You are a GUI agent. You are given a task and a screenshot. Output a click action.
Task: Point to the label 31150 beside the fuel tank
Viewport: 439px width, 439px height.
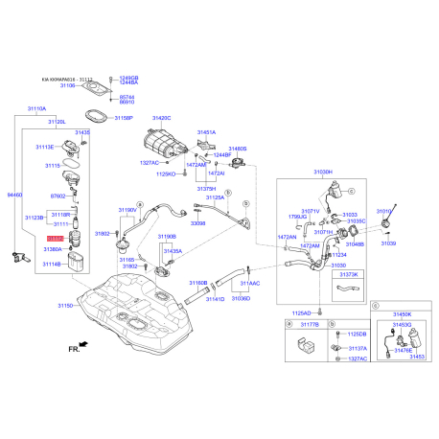(65, 305)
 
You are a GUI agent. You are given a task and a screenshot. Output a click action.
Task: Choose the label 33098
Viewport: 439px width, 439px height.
(198, 222)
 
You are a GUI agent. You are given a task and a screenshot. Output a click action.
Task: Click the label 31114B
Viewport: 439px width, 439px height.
(51, 264)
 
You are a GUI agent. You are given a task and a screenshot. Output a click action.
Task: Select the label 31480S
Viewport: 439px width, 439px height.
(236, 150)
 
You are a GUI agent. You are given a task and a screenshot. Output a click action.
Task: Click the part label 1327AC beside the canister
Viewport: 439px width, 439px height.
(149, 163)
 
